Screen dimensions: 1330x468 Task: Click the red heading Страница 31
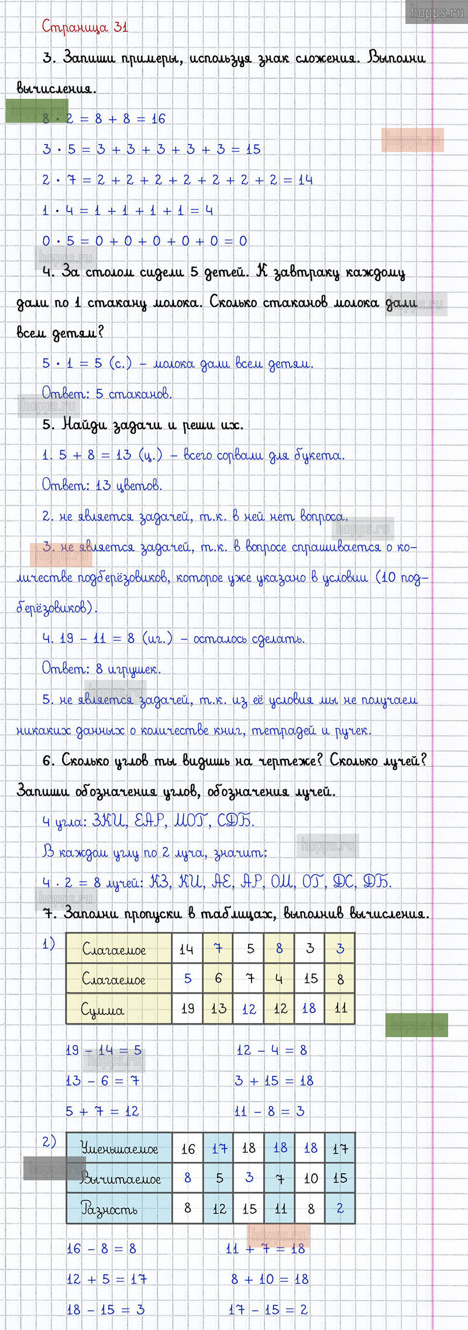click(x=85, y=27)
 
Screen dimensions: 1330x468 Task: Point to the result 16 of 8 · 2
click(x=159, y=119)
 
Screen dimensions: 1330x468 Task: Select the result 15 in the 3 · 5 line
click(x=253, y=149)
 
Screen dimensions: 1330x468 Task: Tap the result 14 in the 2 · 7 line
click(x=305, y=179)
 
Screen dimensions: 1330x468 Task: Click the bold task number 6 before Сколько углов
click(x=48, y=761)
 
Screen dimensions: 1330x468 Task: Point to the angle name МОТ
click(x=190, y=821)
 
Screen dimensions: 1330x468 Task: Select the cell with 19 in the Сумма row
click(x=188, y=1008)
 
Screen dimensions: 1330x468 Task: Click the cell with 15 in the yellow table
click(x=311, y=978)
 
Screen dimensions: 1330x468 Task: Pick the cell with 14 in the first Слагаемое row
click(x=187, y=949)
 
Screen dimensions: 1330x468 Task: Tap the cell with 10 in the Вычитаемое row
click(x=311, y=1178)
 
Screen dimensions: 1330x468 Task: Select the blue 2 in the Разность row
click(x=340, y=1208)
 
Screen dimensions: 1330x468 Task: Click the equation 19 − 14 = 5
click(x=104, y=1050)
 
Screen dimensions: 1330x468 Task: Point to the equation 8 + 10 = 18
click(x=270, y=1279)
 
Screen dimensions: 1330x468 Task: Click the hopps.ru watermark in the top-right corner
click(x=436, y=12)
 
